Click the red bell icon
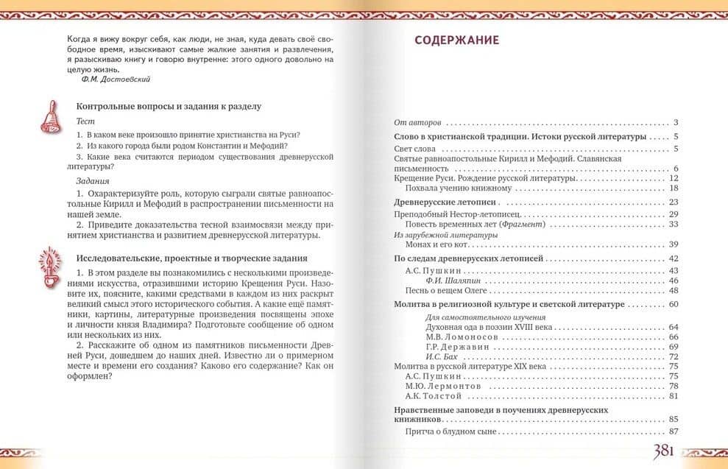(52, 116)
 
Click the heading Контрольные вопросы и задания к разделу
(169, 106)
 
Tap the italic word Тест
(85, 120)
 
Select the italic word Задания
(93, 180)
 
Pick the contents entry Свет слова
(414, 149)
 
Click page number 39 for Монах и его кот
(673, 244)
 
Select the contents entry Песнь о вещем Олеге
(441, 290)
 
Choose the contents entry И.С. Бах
(442, 356)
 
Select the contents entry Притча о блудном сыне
(451, 431)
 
